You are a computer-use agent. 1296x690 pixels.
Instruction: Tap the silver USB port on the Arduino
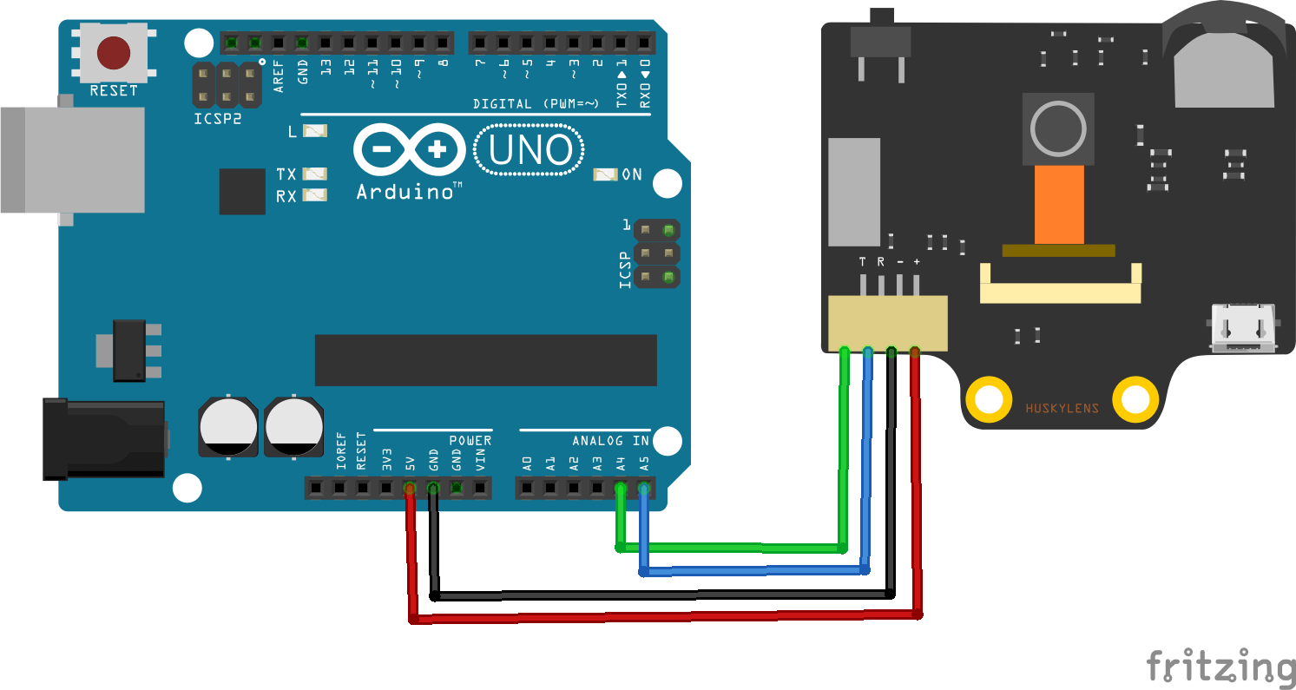(x=73, y=160)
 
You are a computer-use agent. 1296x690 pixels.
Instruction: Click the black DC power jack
(x=104, y=438)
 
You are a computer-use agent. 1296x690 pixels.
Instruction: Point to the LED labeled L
(x=315, y=131)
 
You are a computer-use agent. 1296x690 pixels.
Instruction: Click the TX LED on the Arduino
(x=315, y=174)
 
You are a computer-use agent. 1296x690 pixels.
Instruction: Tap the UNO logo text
(x=530, y=151)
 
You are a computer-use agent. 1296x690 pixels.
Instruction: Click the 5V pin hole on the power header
(x=410, y=490)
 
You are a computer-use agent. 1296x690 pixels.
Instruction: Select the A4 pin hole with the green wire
(x=620, y=490)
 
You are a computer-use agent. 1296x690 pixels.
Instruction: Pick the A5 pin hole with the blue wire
(x=643, y=490)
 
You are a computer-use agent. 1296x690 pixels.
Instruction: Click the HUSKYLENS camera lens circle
(x=1057, y=128)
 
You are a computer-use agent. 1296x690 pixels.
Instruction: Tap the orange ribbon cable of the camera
(x=1059, y=205)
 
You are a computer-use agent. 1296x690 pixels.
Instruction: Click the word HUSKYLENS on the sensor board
(x=1062, y=409)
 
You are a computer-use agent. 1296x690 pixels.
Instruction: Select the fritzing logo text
(x=1220, y=666)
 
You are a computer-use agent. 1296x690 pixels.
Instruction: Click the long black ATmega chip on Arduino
(x=485, y=359)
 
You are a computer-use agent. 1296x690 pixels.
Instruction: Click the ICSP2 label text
(x=217, y=119)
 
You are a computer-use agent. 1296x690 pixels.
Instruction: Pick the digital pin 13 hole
(x=325, y=42)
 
